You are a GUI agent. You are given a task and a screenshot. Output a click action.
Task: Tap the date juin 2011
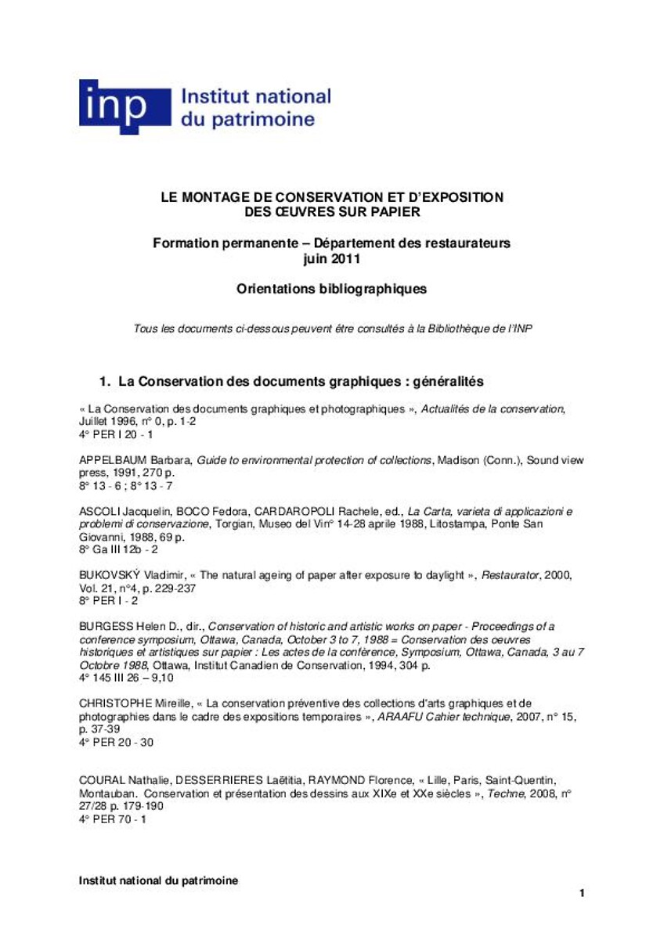point(331,257)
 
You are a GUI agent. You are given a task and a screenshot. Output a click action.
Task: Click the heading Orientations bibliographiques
point(331,289)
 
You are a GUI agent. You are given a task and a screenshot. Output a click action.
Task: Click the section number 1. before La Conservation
point(104,382)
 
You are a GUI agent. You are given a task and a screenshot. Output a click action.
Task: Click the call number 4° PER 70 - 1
point(113,819)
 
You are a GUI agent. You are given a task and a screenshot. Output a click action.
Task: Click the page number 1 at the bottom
point(582,893)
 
